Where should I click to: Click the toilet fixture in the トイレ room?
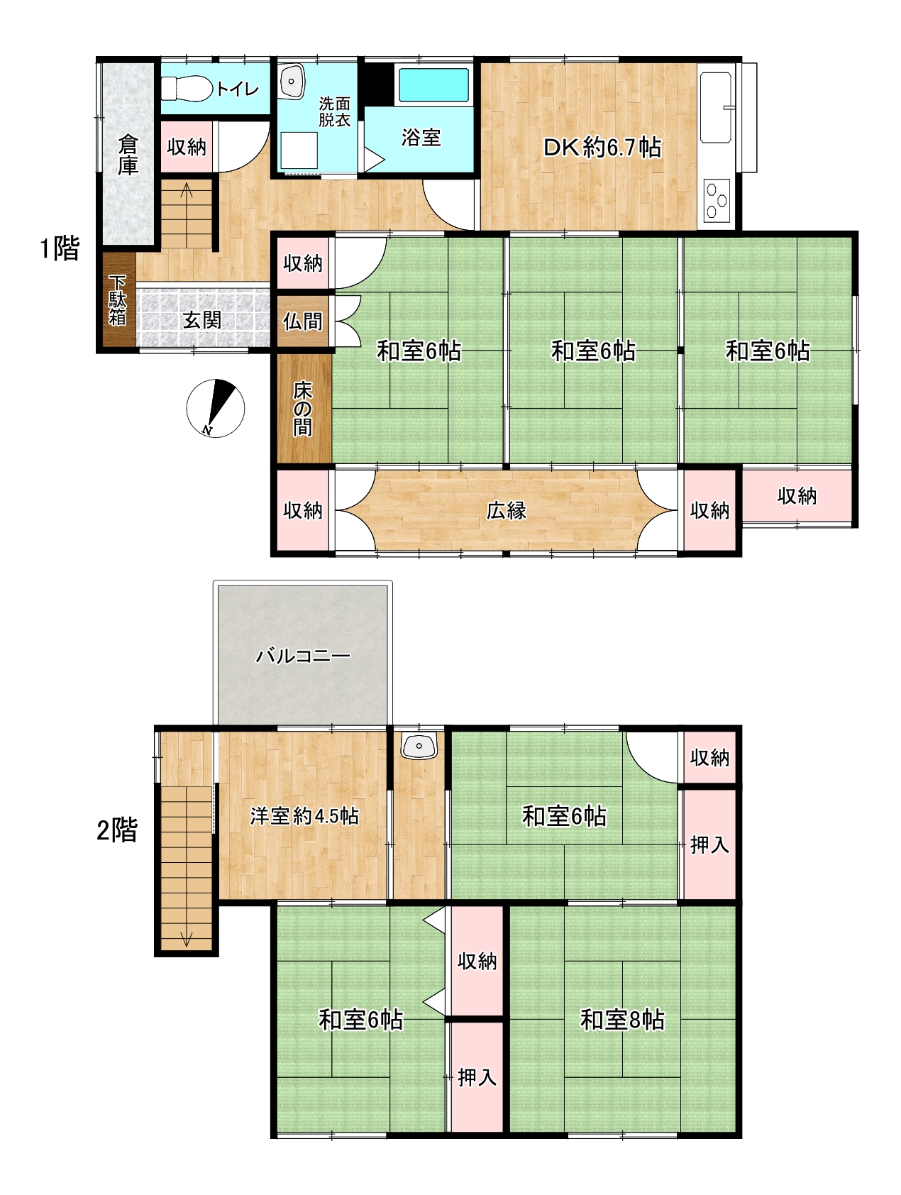[187, 89]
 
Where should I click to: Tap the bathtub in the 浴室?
[433, 85]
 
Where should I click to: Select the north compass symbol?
[215, 408]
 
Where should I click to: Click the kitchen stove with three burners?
[717, 199]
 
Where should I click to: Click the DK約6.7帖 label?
[602, 148]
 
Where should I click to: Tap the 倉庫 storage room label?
[128, 155]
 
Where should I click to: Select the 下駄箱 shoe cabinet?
[117, 300]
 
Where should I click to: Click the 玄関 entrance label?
[202, 320]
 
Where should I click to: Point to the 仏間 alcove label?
[303, 321]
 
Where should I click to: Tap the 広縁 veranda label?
[507, 510]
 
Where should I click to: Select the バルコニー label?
[303, 656]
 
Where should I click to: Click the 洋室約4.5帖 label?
[304, 816]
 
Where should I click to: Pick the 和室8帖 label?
[622, 1020]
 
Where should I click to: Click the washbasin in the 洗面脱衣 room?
[292, 82]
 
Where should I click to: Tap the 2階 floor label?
[117, 830]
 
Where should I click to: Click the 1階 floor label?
[60, 249]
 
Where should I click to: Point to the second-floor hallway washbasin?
[419, 746]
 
